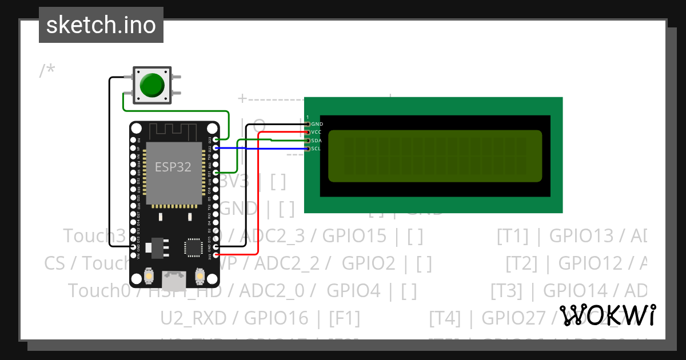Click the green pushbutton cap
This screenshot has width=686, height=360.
click(152, 85)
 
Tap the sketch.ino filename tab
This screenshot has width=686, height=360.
click(101, 25)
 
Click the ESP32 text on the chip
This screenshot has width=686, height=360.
click(173, 166)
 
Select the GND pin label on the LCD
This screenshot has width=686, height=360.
click(317, 124)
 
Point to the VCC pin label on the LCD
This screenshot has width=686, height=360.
click(317, 132)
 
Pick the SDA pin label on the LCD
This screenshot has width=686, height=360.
click(317, 141)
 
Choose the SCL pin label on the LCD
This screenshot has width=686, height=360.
click(317, 149)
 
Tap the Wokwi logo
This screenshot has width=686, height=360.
click(608, 314)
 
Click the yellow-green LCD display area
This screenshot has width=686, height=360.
click(435, 156)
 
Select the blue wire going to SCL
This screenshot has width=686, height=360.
click(263, 149)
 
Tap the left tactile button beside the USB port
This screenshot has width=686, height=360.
click(149, 276)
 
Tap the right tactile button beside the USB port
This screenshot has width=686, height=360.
click(200, 276)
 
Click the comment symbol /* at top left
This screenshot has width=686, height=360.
click(47, 71)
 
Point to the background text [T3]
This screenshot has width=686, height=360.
click(506, 291)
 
